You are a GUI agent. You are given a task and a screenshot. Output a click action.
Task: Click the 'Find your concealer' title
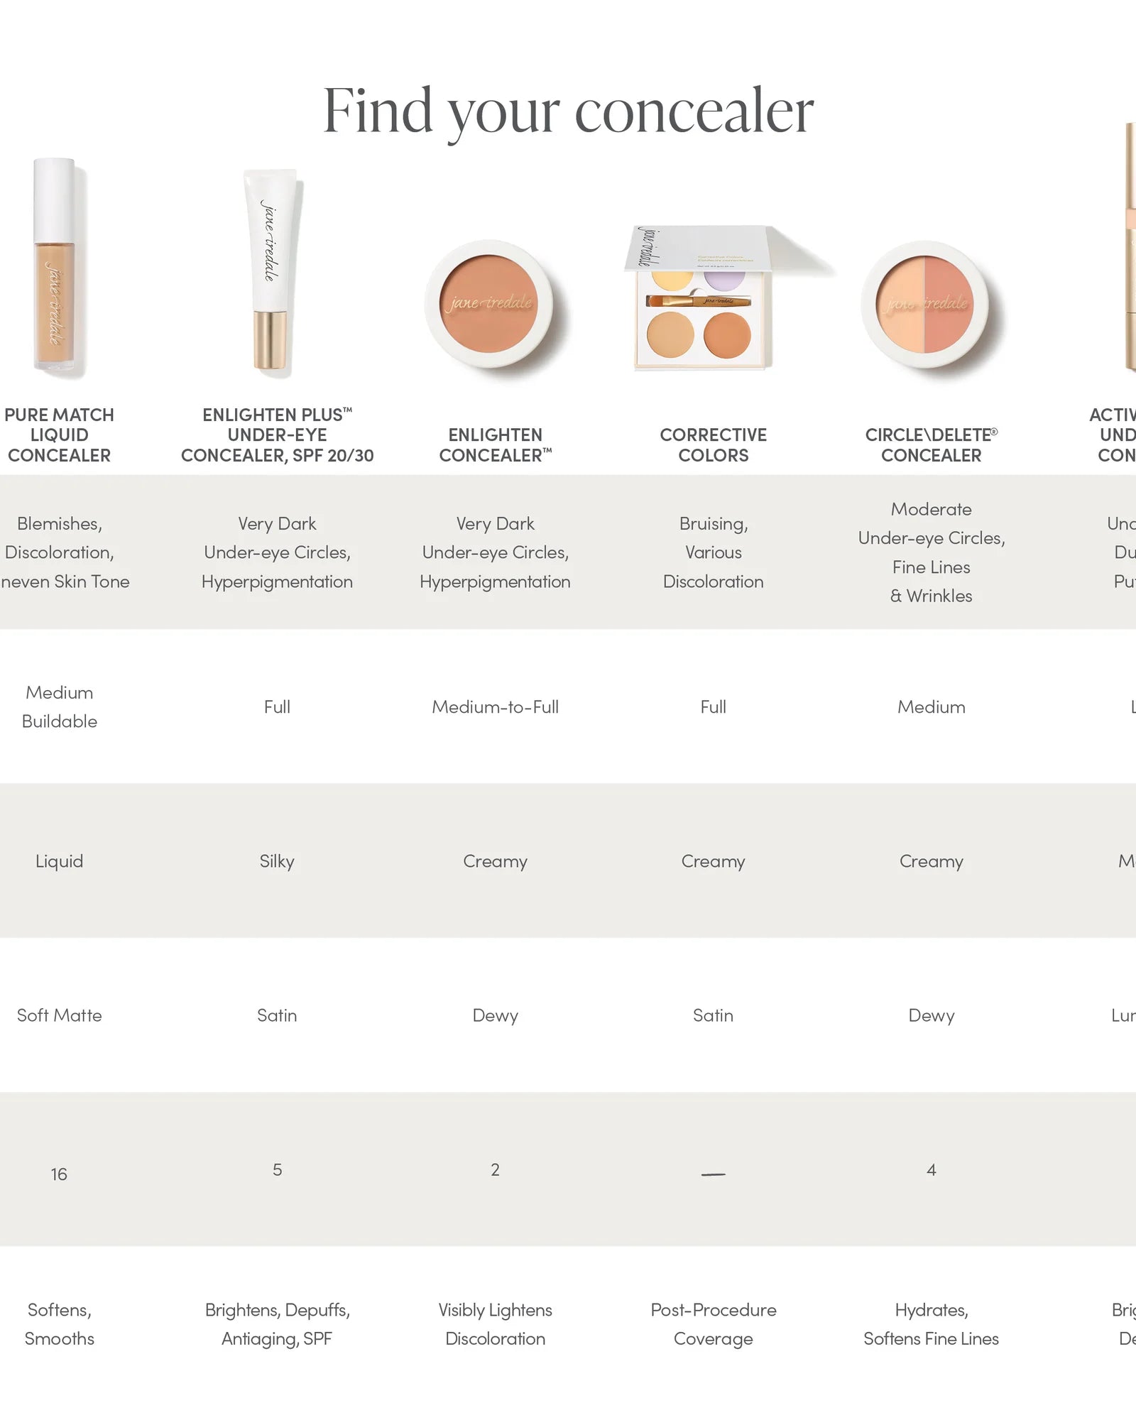point(568,111)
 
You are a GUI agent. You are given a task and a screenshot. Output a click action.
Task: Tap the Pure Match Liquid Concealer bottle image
point(55,266)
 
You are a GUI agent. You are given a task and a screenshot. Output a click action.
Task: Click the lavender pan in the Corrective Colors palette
point(724,279)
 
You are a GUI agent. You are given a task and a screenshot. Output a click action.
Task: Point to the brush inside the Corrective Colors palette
point(697,301)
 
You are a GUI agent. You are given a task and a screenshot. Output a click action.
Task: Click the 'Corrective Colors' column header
point(713,445)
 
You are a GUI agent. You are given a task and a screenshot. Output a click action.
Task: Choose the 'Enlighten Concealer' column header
point(495,445)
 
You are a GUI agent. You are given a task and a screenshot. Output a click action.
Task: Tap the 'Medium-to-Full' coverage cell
point(495,707)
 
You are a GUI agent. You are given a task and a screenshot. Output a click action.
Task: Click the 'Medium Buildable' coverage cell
point(60,707)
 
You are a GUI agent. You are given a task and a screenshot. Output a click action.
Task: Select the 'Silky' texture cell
point(277,861)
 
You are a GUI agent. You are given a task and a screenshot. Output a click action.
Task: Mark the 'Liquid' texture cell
point(60,861)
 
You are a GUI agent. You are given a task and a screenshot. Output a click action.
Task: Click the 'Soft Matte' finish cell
point(60,1015)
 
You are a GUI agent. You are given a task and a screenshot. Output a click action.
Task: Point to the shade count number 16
point(59,1174)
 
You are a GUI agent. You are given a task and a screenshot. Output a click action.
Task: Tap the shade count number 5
point(277,1170)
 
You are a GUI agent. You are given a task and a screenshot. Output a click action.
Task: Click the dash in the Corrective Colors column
point(713,1174)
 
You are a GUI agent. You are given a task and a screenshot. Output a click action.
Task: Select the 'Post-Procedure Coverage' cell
point(713,1324)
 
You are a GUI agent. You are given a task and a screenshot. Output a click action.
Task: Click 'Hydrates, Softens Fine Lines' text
point(931,1324)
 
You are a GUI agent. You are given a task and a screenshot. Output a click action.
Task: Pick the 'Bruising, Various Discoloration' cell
point(713,552)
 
